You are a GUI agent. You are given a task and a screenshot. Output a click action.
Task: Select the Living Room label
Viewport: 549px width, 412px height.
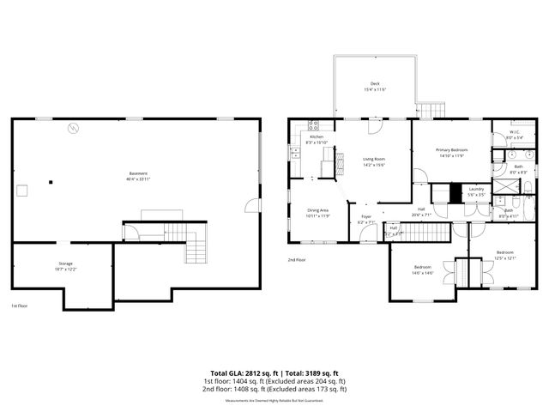[374, 162]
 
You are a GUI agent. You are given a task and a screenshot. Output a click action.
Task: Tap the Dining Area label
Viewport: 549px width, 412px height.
[319, 213]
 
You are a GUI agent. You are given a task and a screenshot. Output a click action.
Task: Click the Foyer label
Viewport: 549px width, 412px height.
[365, 219]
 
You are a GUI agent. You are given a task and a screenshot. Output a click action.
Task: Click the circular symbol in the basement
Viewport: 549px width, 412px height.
[74, 128]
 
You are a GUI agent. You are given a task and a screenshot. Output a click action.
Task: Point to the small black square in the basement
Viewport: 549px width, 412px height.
[51, 182]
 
